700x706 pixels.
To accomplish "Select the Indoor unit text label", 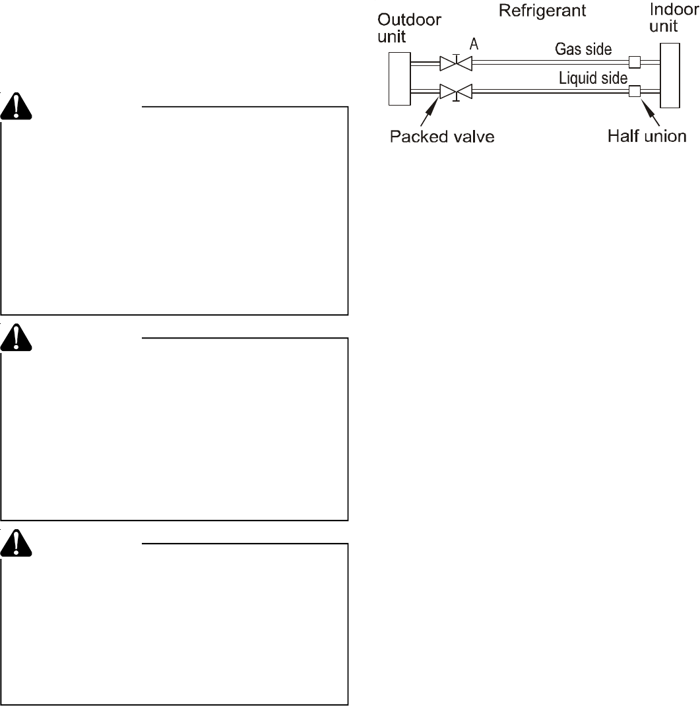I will click(x=674, y=19).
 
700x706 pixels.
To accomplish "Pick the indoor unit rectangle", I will click(x=670, y=75).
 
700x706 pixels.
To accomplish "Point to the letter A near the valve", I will click(x=474, y=44).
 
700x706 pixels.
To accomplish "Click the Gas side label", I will click(x=583, y=49).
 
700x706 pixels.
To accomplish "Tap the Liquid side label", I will click(x=593, y=79).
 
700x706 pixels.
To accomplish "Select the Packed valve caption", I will click(x=442, y=137).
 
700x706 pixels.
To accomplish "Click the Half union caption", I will click(x=647, y=137).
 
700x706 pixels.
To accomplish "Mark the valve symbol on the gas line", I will click(x=455, y=63).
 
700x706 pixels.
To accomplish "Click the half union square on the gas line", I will click(x=635, y=63).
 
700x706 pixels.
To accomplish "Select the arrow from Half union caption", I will click(x=651, y=112).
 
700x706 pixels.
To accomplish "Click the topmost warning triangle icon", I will click(x=15, y=106).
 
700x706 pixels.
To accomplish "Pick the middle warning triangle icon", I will click(x=15, y=338).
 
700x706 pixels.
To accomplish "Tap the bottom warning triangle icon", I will click(x=15, y=542).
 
